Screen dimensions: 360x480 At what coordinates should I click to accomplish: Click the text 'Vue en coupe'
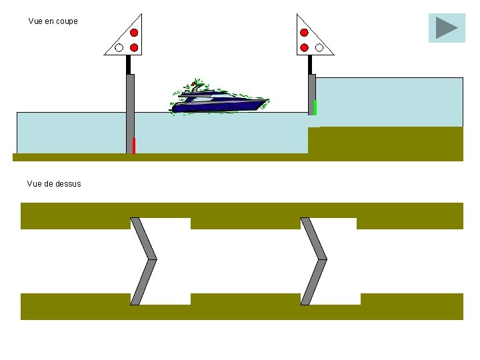pyautogui.click(x=53, y=21)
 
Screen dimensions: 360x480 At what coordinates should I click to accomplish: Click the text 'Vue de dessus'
pyautogui.click(x=54, y=184)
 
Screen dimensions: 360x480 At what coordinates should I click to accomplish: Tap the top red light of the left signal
pyautogui.click(x=134, y=33)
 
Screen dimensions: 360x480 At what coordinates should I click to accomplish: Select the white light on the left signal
pyautogui.click(x=119, y=47)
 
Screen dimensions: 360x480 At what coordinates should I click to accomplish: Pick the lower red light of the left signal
pyautogui.click(x=134, y=47)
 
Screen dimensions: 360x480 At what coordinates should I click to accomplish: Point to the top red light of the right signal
pyautogui.click(x=304, y=33)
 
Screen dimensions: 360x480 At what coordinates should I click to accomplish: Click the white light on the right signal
pyautogui.click(x=319, y=47)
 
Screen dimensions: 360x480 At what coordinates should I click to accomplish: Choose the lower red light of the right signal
pyautogui.click(x=304, y=47)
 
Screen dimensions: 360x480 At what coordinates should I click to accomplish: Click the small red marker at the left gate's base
pyautogui.click(x=134, y=145)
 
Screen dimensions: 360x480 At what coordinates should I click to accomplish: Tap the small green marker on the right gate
pyautogui.click(x=315, y=107)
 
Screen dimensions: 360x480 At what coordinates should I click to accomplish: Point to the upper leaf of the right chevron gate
pyautogui.click(x=314, y=238)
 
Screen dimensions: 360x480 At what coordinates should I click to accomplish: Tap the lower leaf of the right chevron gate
pyautogui.click(x=314, y=281)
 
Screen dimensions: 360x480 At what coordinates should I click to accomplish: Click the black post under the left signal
pyautogui.click(x=129, y=65)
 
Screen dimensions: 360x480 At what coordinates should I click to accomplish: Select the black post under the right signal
pyautogui.click(x=310, y=65)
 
